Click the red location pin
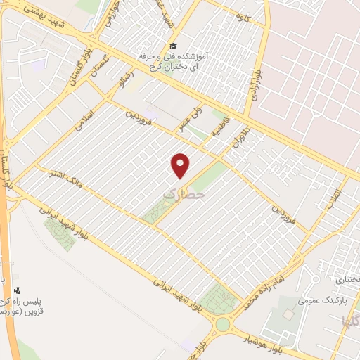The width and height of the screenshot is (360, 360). (x=181, y=165)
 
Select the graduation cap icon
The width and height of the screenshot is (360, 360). (x=173, y=46)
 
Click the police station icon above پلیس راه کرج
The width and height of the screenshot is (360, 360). (x=18, y=290)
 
